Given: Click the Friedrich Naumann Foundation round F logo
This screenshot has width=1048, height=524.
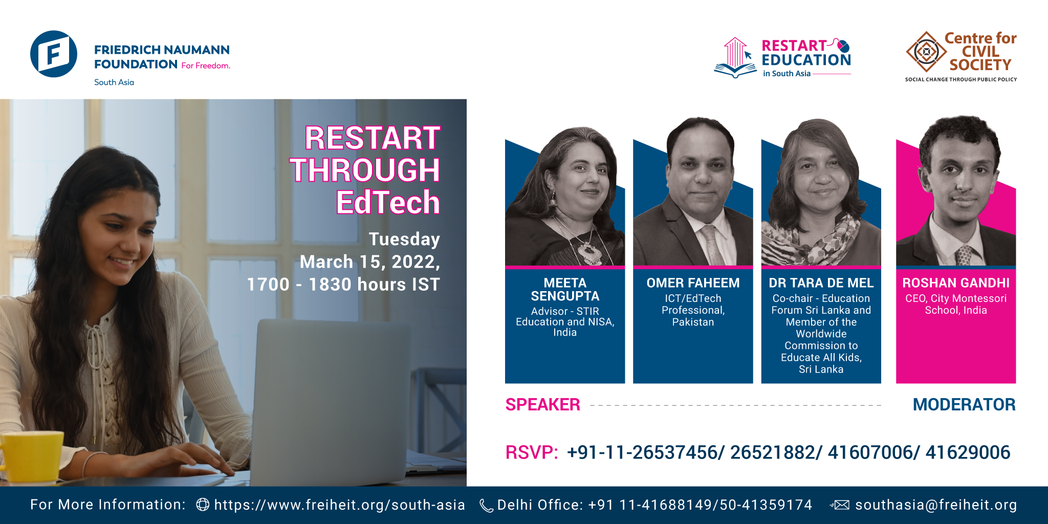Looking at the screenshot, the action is (54, 54).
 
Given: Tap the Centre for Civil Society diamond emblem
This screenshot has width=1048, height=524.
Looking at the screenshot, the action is (926, 52).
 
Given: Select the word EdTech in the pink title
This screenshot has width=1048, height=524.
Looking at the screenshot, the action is (388, 202).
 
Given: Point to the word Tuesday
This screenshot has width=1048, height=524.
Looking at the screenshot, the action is (404, 239).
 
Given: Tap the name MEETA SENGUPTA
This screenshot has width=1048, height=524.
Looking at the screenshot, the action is (565, 290).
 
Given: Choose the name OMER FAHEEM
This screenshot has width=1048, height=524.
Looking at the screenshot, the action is (693, 283).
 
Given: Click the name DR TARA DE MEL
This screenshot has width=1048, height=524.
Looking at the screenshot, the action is (821, 283).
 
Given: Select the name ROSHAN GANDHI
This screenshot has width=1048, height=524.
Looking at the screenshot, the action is (956, 283).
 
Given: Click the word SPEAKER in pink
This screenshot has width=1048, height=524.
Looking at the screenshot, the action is (542, 405).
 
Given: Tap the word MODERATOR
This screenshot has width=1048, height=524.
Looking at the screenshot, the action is (964, 405).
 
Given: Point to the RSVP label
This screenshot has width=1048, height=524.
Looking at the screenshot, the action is (531, 452).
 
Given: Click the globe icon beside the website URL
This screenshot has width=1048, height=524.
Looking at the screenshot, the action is (203, 505).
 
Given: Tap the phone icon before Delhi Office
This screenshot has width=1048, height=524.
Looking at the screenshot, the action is (486, 506).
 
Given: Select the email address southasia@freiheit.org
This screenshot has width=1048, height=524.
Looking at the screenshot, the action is (936, 505).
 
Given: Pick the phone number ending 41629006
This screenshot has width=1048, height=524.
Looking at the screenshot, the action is (968, 452).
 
